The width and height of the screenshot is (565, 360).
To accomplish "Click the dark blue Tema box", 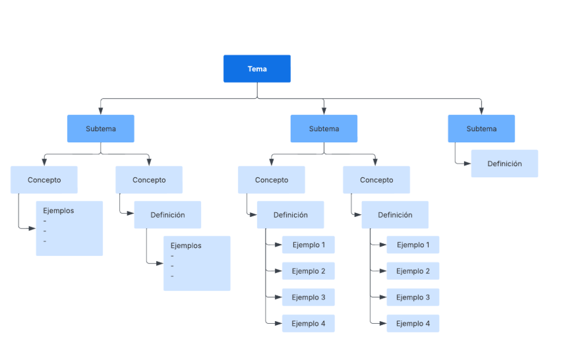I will (256, 69).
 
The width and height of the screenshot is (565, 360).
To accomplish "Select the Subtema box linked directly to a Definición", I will (481, 129).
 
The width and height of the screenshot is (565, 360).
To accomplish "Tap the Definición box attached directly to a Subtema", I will (504, 164).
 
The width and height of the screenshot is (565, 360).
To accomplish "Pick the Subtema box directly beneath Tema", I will (324, 129).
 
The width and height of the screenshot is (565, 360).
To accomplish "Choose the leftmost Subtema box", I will (100, 129).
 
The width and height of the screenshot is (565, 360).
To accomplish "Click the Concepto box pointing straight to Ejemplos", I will (44, 180).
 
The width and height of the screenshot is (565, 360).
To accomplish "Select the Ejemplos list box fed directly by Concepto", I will (69, 228).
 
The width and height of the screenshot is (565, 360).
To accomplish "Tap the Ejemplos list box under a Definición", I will (196, 263).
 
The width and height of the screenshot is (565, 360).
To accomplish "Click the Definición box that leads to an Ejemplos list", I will (167, 215).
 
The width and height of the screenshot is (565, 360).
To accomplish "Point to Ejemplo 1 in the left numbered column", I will (308, 245).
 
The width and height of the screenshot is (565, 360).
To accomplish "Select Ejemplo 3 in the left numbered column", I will (308, 297).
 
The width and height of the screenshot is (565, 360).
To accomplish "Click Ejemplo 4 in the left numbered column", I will (308, 323).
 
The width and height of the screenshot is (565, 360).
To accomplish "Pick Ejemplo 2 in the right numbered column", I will (413, 271).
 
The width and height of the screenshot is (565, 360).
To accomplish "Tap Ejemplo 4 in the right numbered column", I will (413, 323).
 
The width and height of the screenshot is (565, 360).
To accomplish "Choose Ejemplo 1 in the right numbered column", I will (413, 245).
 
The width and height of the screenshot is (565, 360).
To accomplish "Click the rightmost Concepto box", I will (376, 180).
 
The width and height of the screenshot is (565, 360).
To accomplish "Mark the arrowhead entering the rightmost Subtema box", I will (481, 111).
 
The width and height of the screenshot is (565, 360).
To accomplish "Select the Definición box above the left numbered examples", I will (290, 215).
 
